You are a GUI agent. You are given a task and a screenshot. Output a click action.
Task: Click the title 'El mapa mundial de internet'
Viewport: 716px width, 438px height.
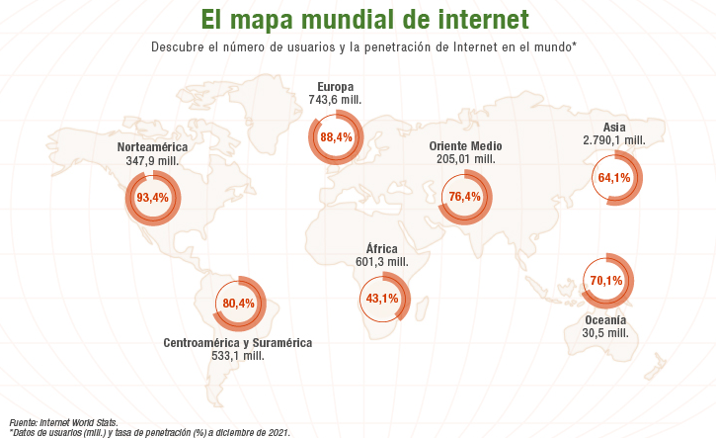[x=364, y=20]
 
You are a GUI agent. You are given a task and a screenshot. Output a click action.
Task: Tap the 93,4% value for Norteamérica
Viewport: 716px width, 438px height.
[x=152, y=198]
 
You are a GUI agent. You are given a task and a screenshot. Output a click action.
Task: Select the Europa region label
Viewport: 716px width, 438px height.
[x=335, y=87]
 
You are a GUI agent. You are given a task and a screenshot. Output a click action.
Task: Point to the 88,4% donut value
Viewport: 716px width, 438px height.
[x=336, y=137]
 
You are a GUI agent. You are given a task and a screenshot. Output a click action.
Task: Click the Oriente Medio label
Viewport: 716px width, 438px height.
[x=465, y=146]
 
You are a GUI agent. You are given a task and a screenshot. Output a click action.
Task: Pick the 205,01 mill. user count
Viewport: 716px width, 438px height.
[x=466, y=159]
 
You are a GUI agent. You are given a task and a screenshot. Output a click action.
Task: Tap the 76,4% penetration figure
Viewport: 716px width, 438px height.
[x=465, y=197]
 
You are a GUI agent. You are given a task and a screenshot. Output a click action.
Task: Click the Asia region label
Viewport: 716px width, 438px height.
[x=614, y=128]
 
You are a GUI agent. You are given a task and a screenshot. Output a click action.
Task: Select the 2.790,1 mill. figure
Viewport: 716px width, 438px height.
[x=614, y=140]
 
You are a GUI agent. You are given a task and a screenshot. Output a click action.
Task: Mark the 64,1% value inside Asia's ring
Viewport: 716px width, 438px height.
[x=614, y=177]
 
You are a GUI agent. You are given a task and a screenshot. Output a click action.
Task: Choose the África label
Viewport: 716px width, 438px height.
[x=382, y=249]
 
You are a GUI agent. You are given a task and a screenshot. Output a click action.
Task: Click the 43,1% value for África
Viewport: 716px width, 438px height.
[x=382, y=299]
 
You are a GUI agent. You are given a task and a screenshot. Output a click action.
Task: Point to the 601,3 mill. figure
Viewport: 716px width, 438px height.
[x=382, y=262]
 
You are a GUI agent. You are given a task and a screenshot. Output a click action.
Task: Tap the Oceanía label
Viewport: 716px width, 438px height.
[x=605, y=320]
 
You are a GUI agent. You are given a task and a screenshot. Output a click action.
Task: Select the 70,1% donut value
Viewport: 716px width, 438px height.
[x=606, y=280]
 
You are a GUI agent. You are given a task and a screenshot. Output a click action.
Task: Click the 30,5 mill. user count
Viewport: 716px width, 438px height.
[x=605, y=333]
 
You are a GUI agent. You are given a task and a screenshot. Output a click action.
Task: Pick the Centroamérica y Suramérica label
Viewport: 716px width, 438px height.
[x=238, y=343]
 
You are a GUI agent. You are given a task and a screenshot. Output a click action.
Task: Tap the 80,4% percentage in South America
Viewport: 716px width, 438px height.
[x=238, y=304]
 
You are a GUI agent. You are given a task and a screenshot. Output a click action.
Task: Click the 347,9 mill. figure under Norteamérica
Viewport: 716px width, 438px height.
[x=152, y=160]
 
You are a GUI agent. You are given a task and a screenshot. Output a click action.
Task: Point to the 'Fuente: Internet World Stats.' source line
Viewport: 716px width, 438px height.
[x=63, y=423]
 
